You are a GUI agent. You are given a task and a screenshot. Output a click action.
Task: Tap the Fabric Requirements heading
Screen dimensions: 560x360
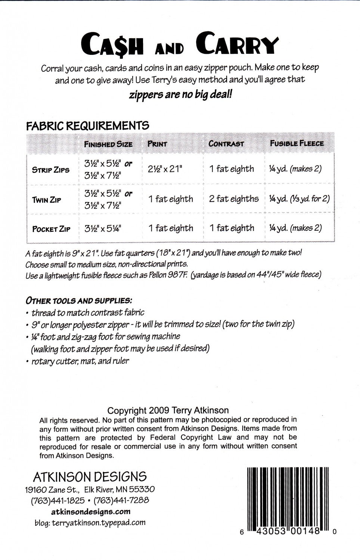pos(87,126)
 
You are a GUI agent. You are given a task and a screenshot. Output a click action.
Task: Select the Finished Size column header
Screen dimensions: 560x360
pos(108,144)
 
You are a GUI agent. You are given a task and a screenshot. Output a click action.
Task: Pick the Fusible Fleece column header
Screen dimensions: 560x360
pos(297,143)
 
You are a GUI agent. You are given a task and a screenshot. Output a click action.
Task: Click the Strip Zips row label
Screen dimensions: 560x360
pos(51,170)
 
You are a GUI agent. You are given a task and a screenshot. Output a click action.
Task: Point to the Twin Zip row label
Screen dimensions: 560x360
pos(46,200)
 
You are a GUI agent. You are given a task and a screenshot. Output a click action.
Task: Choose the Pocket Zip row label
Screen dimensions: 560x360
pos(51,229)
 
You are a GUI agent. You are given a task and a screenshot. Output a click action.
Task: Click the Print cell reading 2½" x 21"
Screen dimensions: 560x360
pos(165,169)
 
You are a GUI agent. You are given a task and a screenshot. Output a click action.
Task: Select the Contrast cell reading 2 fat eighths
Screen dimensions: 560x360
pos(234,199)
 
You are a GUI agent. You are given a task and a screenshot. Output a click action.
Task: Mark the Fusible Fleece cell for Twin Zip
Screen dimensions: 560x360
pos(299,199)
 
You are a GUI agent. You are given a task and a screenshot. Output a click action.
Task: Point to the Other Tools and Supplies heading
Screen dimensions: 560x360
pos(78,300)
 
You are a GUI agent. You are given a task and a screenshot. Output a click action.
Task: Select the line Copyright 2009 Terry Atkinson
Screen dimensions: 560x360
pos(168,411)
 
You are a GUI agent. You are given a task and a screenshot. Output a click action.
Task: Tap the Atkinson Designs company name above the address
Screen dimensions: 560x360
pos(90,477)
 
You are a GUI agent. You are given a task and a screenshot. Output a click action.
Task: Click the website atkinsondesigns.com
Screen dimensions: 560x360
pos(90,512)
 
